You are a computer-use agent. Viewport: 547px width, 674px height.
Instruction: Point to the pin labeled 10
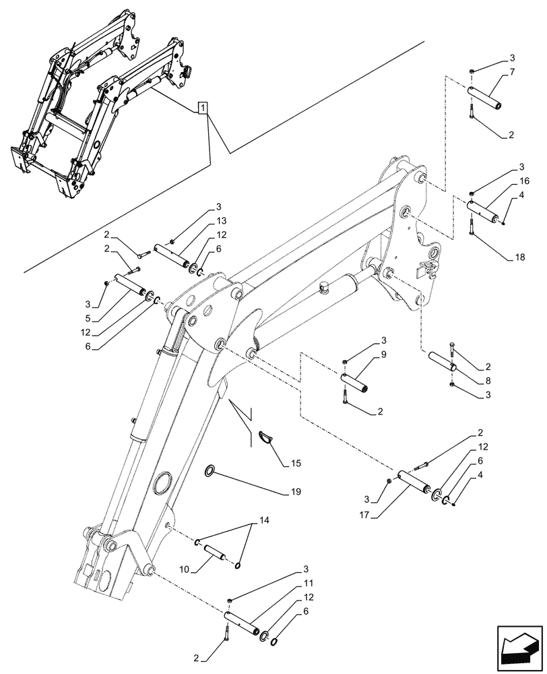coord(217,549)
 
